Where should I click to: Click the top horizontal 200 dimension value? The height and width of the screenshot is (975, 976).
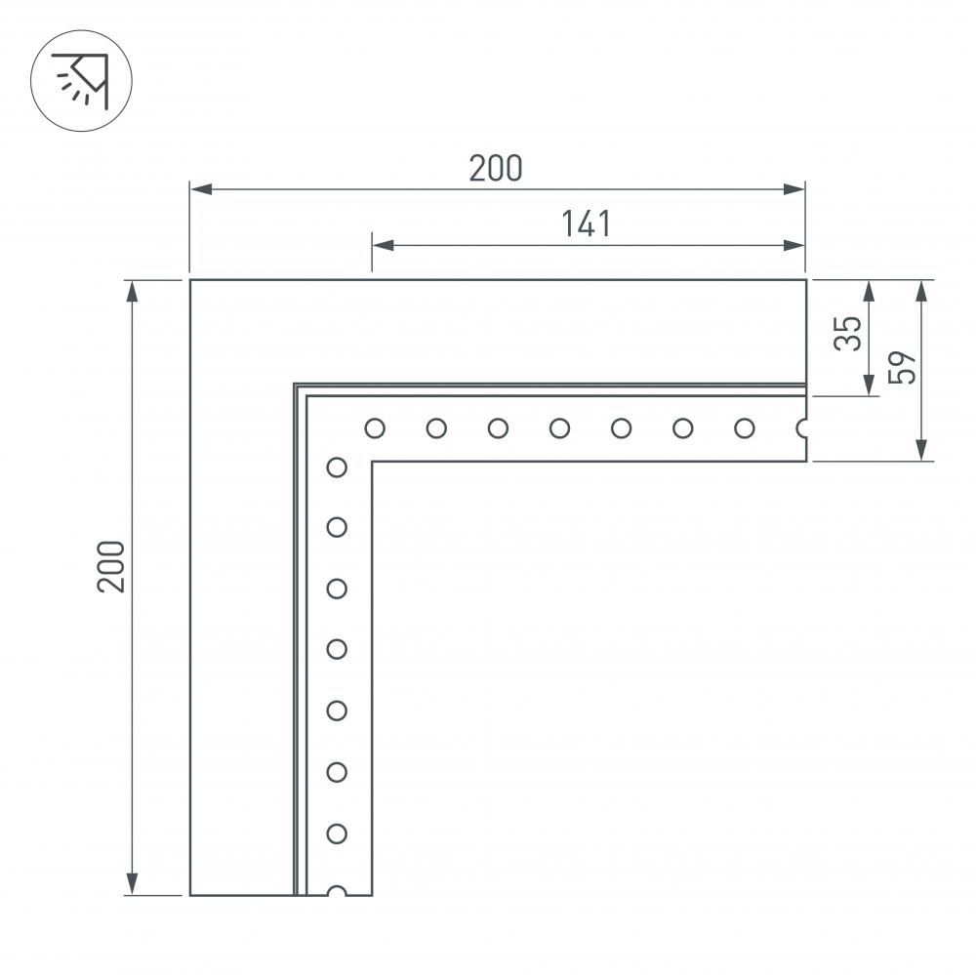click(x=496, y=169)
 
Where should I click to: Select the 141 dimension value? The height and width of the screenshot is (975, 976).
click(x=586, y=223)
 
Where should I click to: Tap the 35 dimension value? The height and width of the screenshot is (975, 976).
click(x=848, y=334)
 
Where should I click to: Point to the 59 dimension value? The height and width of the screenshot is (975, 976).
click(x=905, y=368)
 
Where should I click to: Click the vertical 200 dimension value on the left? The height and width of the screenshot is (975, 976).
click(x=111, y=565)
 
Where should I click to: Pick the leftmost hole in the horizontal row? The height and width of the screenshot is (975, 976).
click(x=375, y=427)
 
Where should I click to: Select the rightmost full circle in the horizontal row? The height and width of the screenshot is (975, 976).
click(x=744, y=427)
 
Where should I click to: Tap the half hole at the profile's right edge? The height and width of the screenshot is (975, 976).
click(x=802, y=427)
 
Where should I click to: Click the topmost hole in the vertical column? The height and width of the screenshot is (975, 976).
click(x=337, y=467)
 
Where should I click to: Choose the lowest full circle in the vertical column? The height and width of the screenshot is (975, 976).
click(x=337, y=833)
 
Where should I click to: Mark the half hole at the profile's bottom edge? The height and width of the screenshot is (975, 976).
click(x=337, y=891)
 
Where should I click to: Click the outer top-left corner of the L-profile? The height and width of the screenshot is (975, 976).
click(x=190, y=281)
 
